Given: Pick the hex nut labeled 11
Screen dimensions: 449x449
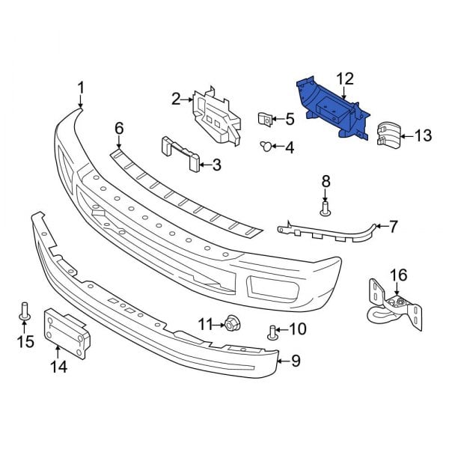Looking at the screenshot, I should point(230,324).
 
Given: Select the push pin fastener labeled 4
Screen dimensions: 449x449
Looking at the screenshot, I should point(266,146).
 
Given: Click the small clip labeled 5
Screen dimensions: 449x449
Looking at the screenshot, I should point(265,118).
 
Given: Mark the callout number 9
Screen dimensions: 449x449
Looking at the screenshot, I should point(296,362).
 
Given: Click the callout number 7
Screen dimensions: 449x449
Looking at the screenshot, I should point(394,224).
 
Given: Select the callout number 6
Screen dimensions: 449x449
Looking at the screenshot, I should point(118,129).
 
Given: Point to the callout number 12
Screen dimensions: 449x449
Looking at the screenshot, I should point(343,78).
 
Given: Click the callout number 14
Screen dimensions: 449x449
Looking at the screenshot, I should point(58,367).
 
